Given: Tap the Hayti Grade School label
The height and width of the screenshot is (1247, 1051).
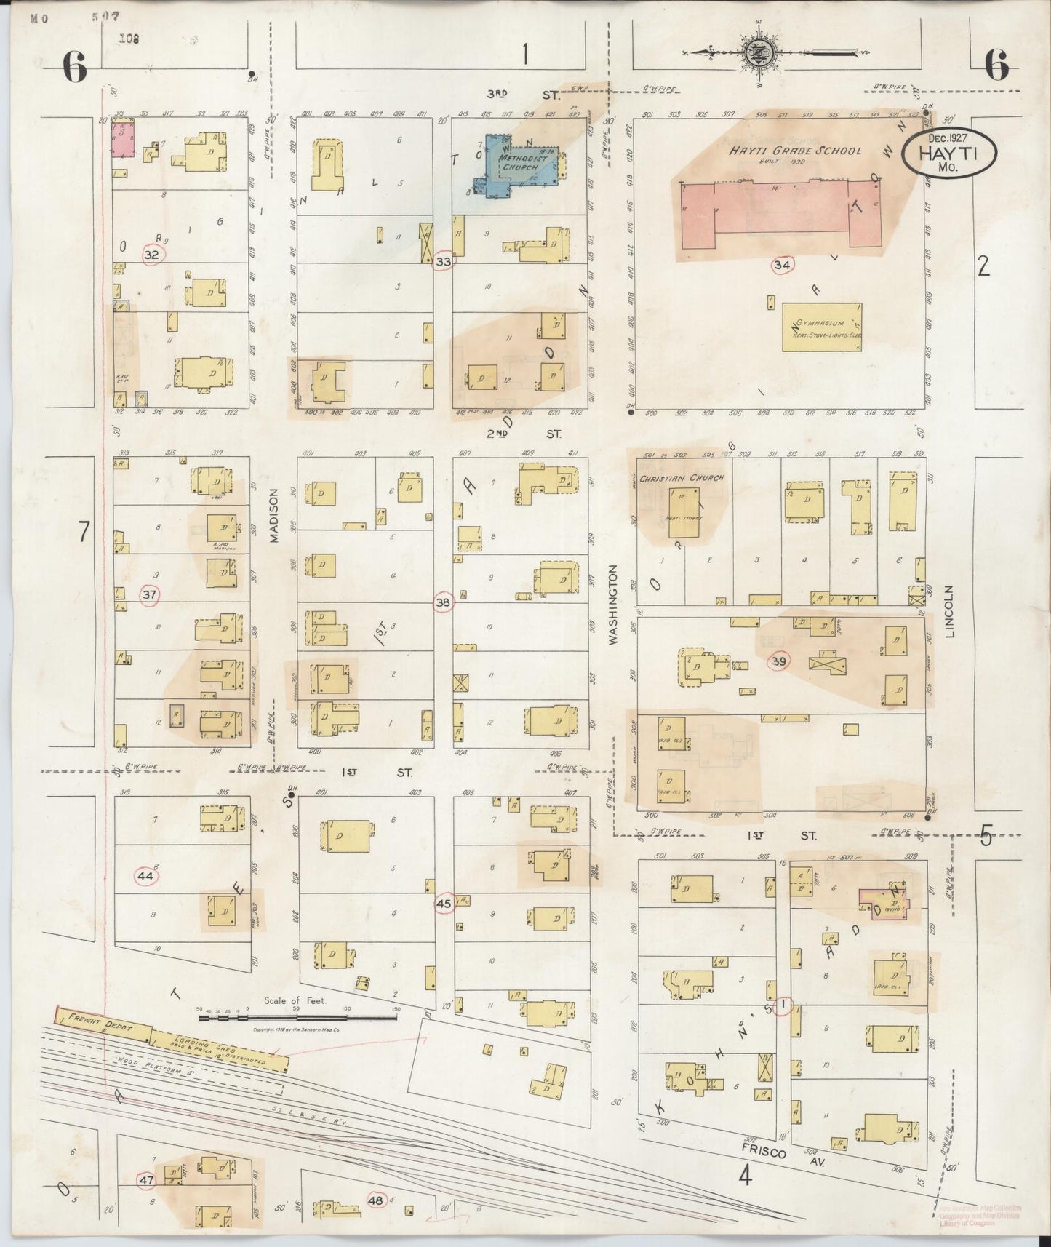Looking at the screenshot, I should pyautogui.click(x=796, y=151).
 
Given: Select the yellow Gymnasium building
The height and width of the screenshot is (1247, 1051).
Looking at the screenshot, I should pyautogui.click(x=822, y=327).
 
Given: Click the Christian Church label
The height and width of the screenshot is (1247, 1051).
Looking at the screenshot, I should pyautogui.click(x=679, y=477).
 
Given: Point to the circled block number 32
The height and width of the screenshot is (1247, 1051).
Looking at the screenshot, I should pyautogui.click(x=151, y=255).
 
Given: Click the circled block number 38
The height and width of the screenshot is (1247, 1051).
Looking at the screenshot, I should pyautogui.click(x=443, y=602).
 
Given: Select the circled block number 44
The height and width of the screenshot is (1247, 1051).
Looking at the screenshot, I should pyautogui.click(x=145, y=877).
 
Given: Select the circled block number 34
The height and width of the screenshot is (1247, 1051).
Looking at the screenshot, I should pyautogui.click(x=782, y=265).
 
